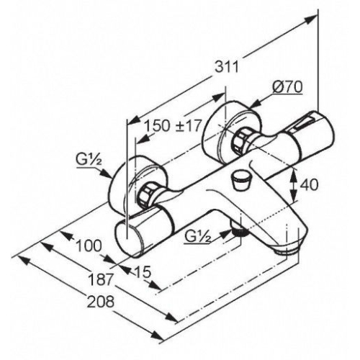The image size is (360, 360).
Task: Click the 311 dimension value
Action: coord(227,66)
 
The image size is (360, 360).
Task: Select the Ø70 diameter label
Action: coord(287,87)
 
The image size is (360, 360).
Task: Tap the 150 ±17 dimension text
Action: coord(173,125)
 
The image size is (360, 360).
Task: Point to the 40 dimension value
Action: coord(309,184)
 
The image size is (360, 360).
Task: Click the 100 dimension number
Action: coord(89,246)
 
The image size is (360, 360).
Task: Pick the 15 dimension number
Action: coord(143,272)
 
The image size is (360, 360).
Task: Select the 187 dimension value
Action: coord(100,279)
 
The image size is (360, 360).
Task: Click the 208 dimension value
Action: coord(100,302)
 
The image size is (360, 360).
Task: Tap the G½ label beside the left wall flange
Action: coord(89,158)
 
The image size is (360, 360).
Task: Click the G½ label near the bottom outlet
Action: coord(198,237)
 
